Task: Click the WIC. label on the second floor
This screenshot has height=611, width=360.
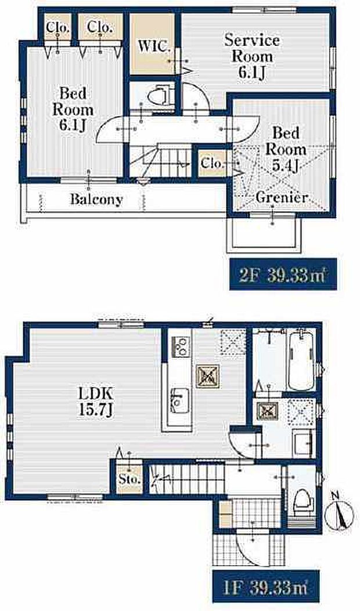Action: tap(154, 46)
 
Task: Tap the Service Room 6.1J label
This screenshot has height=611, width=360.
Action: tap(252, 56)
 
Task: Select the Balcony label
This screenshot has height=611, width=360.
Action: tap(96, 199)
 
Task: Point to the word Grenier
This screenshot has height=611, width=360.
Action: tap(281, 197)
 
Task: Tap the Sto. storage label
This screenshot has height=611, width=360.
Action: tap(129, 479)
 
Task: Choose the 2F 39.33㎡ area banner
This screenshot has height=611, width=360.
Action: tap(283, 274)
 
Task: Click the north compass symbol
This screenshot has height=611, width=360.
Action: tap(339, 514)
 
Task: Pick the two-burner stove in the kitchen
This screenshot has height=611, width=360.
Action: tap(181, 346)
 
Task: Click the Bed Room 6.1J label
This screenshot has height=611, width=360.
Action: tap(73, 110)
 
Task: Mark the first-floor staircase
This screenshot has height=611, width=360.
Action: tap(186, 479)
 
